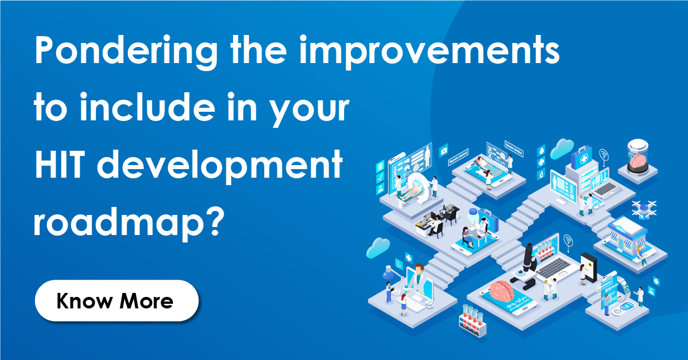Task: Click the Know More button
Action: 116,300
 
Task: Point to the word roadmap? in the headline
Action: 127,221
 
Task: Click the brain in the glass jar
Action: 639,162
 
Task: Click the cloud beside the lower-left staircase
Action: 378,248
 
